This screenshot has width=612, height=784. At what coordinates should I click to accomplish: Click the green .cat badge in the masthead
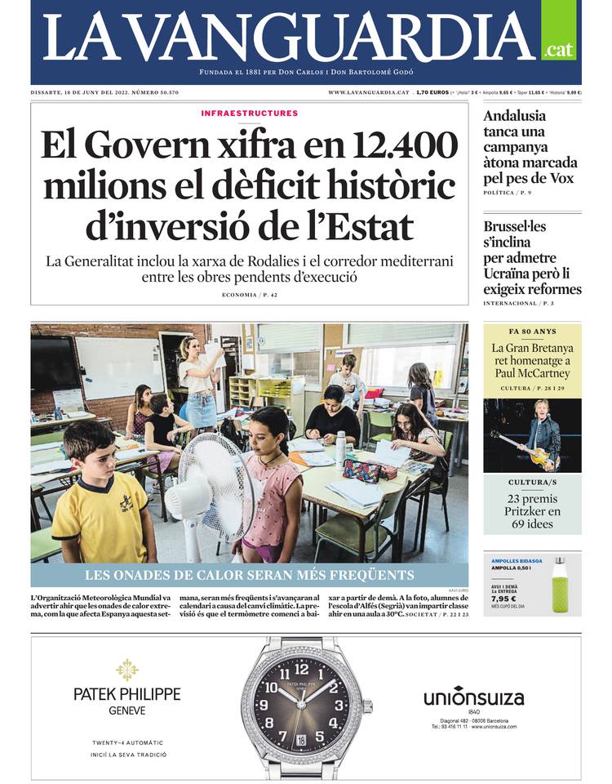click(x=558, y=50)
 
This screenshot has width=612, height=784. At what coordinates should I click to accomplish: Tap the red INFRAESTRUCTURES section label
click(x=249, y=114)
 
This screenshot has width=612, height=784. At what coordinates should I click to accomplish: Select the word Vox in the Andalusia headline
click(x=557, y=178)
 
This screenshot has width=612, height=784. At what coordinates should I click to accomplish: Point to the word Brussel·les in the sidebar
click(x=514, y=226)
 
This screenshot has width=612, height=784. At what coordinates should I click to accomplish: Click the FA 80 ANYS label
click(x=532, y=333)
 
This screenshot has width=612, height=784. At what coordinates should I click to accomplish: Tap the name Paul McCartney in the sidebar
click(x=532, y=376)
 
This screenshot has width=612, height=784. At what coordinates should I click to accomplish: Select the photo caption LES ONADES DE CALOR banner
click(x=250, y=575)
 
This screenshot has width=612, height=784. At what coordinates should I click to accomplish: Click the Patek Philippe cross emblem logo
click(x=126, y=670)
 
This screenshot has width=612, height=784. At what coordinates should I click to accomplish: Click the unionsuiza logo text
click(x=473, y=698)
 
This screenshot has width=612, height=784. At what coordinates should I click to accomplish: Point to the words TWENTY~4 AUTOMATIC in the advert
click(x=127, y=742)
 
